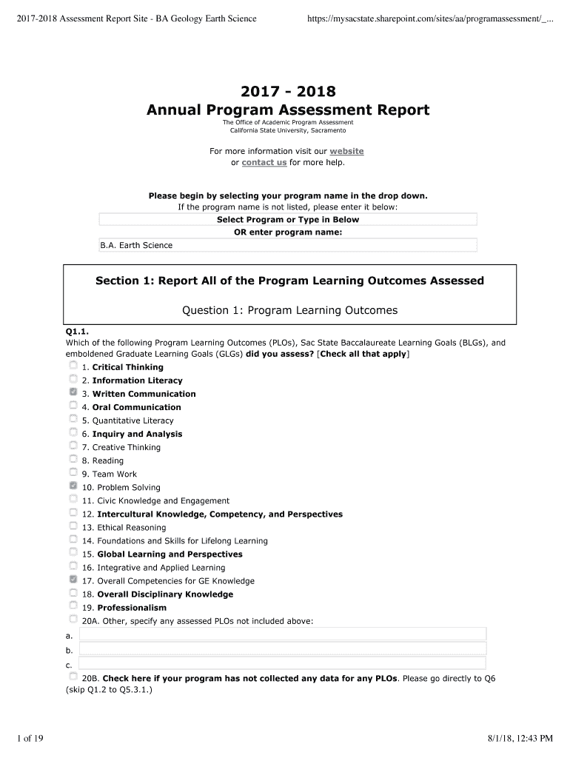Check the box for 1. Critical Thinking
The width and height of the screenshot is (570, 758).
pos(73,366)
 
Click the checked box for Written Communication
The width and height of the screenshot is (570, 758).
pos(73,392)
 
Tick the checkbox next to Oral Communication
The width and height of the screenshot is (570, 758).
pos(73,406)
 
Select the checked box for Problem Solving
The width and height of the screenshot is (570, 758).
pos(73,486)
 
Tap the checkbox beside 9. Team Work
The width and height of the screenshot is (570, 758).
pos(73,472)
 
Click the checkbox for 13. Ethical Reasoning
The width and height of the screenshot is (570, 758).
pos(73,526)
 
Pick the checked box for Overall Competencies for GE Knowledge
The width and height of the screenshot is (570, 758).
pos(73,580)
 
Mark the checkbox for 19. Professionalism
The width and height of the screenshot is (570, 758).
pos(73,606)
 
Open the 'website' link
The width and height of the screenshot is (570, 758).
pos(346,151)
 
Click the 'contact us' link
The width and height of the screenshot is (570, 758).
pos(264,162)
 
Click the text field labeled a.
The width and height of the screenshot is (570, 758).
pos(282,634)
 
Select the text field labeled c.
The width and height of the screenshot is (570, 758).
pos(282,664)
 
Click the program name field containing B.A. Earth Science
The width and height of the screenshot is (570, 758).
pos(288,245)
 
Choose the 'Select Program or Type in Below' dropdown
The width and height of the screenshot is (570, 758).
pos(288,219)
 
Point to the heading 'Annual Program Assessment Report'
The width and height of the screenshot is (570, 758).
pos(288,110)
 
